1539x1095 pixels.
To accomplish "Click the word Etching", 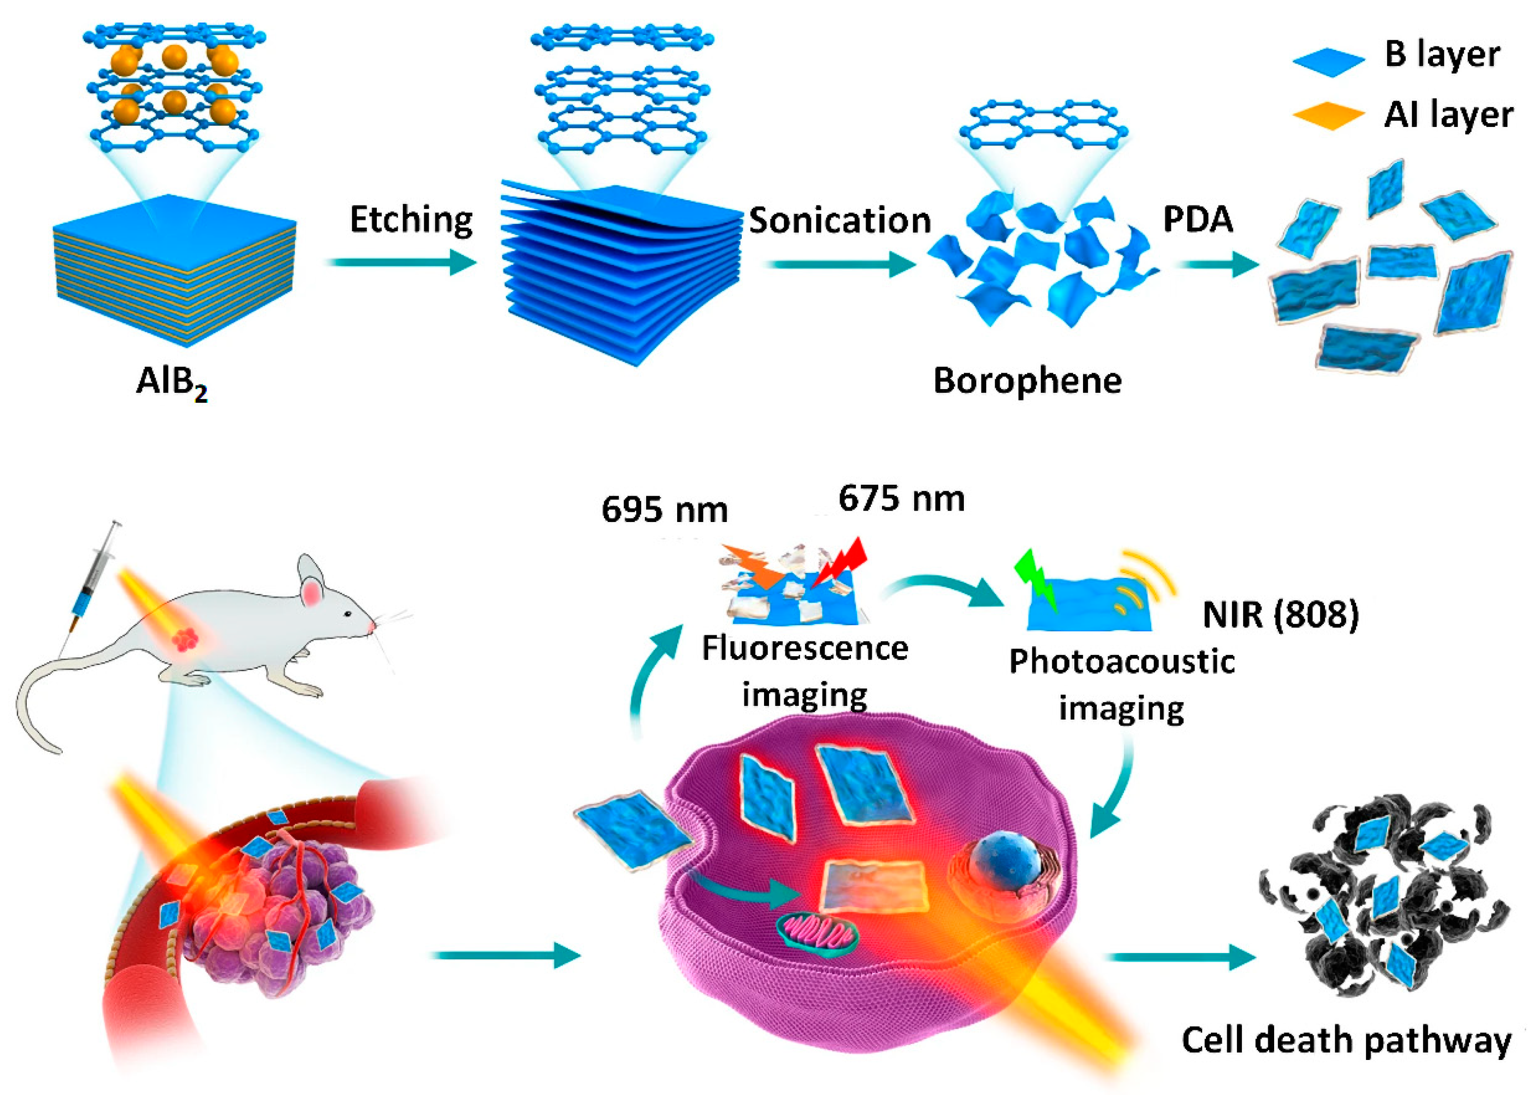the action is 411,220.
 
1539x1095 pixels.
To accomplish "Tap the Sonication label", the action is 840,220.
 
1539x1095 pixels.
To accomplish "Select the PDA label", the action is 1197,219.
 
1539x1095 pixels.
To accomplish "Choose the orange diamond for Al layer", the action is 1328,116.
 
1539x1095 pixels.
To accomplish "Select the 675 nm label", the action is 901,499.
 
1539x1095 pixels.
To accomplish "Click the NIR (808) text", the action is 1281,614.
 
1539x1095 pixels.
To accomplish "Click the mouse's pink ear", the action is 311,593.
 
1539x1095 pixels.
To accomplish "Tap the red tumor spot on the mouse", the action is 187,637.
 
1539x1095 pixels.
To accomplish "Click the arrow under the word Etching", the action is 400,262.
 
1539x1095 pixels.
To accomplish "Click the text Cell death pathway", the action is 1346,1040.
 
